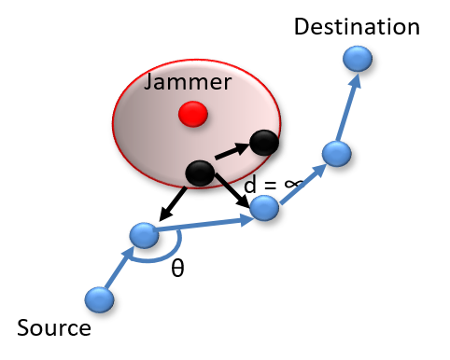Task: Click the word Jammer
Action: [x=188, y=83]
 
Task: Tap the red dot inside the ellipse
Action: [x=193, y=114]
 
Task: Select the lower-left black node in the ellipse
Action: [x=200, y=173]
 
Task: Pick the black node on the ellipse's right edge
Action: [x=264, y=143]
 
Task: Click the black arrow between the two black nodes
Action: [x=232, y=151]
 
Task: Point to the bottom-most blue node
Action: [x=99, y=299]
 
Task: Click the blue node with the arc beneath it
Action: [x=144, y=235]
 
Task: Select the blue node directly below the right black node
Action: [x=264, y=208]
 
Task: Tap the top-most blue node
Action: [x=357, y=59]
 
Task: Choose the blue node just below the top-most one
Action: [x=336, y=154]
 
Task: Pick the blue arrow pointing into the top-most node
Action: [x=347, y=107]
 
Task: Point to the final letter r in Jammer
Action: [x=227, y=83]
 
